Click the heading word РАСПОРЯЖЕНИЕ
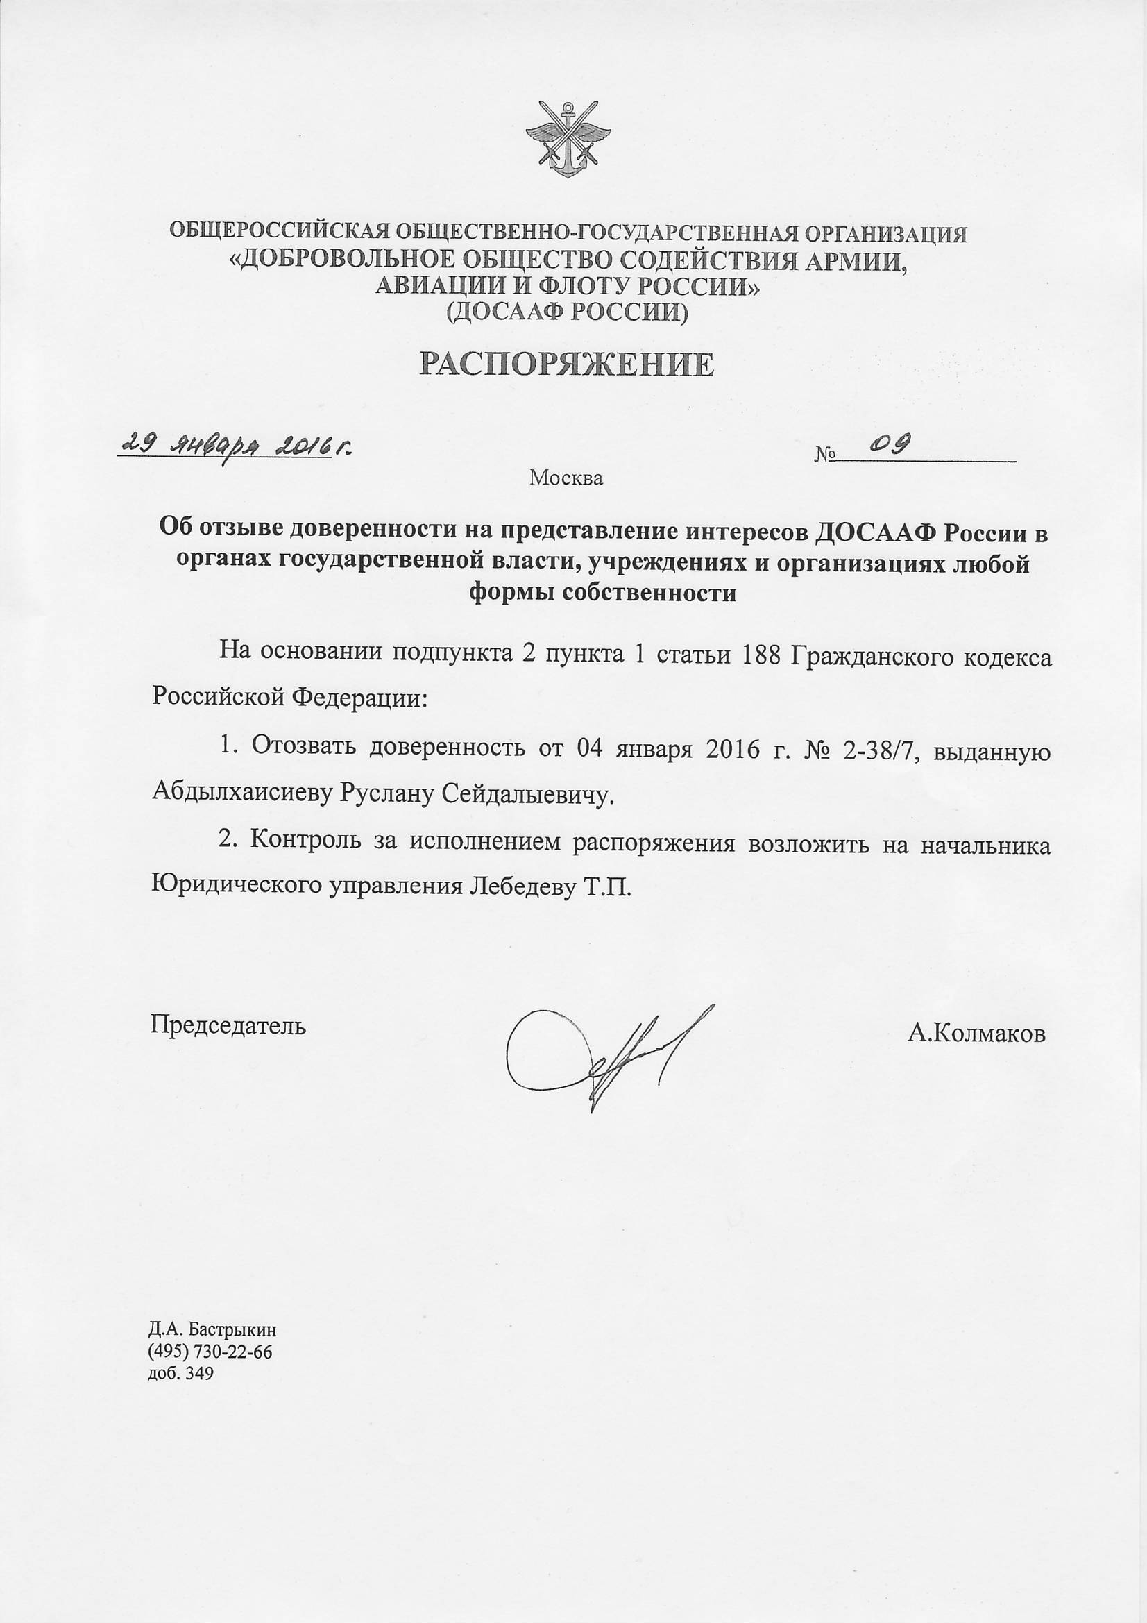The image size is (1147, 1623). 567,364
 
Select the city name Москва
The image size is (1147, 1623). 566,478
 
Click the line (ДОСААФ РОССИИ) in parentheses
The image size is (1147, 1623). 568,311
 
